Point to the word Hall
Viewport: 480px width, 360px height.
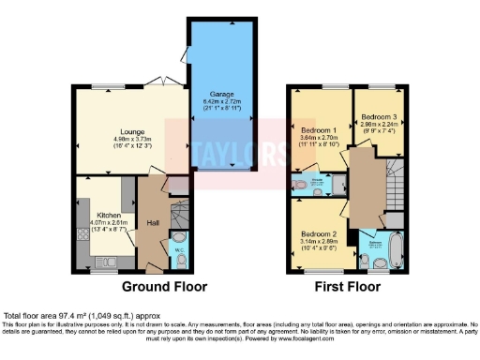click(152, 222)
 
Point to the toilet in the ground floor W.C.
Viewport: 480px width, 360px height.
click(179, 262)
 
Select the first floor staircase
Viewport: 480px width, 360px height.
click(394, 184)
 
